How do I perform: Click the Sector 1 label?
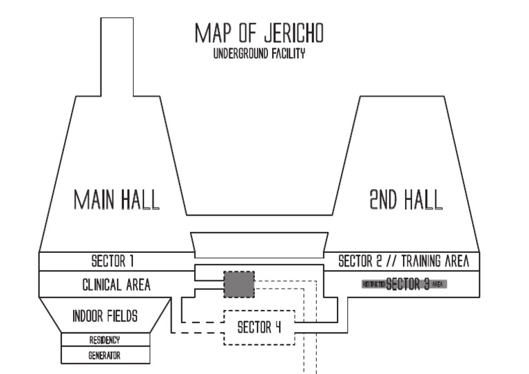point(112,262)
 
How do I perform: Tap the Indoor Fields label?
point(105,316)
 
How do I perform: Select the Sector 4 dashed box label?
point(259,327)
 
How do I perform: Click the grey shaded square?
point(238,284)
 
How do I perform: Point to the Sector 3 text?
point(408,283)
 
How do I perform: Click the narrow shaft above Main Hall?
point(116,55)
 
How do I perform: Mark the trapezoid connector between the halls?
point(258,242)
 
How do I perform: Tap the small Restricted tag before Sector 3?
point(373,283)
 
